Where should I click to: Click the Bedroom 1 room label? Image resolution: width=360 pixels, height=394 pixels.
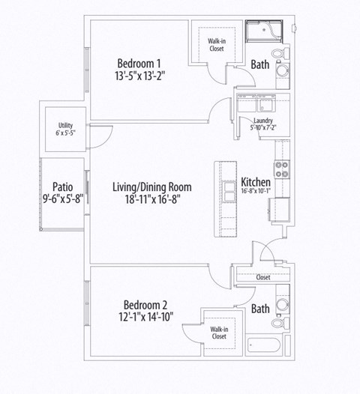pos(139,61)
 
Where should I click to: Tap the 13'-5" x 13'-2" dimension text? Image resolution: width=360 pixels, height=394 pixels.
pos(139,75)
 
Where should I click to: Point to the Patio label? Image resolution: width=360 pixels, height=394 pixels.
pos(62,187)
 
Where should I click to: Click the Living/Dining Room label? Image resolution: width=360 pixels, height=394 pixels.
pos(152,187)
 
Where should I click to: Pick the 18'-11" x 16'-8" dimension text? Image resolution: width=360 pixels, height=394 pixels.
pos(152,199)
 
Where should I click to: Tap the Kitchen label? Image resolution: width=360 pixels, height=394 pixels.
pos(256,181)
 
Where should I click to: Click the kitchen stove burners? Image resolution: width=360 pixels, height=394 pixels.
pos(282,169)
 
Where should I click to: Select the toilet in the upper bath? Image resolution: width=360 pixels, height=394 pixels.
pos(283,54)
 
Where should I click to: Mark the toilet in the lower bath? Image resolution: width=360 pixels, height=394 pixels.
pos(283,305)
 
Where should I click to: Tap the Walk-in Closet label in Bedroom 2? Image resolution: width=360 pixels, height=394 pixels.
pos(218,333)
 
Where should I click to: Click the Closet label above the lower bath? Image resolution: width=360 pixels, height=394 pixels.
pos(262,277)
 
